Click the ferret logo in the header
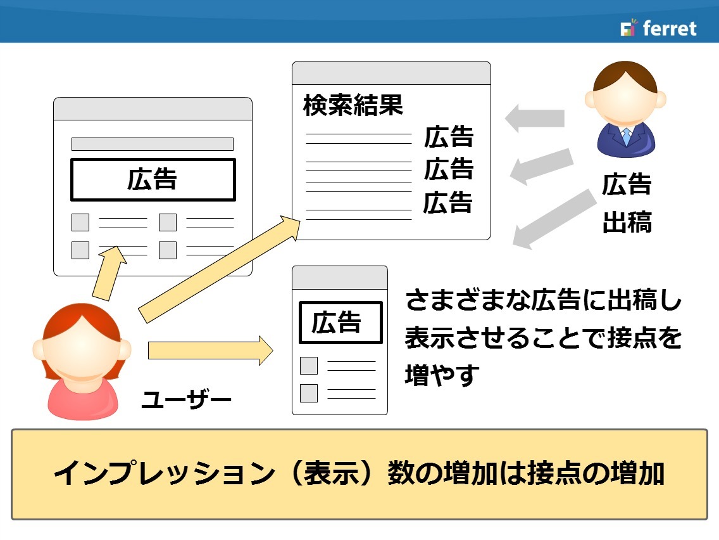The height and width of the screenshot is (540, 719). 658,28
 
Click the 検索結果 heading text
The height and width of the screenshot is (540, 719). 353,105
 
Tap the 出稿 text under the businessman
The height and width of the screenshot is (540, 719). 627,222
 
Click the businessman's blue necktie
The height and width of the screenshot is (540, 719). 627,136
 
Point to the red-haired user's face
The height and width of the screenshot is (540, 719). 82,345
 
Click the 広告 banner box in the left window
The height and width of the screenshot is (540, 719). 153,179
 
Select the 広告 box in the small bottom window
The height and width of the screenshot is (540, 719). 341,323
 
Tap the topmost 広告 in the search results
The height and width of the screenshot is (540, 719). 449,136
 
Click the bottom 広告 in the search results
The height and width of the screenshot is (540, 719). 447,203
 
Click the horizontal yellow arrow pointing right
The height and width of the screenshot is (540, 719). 211,350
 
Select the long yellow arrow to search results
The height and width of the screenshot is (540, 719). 219,269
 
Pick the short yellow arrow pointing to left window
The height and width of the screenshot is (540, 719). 109,274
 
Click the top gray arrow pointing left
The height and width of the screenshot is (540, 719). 535,118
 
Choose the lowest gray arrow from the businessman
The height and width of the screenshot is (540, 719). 554,219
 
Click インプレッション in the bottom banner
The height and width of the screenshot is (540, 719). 165,473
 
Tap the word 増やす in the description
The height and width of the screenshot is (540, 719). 442,375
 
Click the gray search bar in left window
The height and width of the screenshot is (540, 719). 153,144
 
